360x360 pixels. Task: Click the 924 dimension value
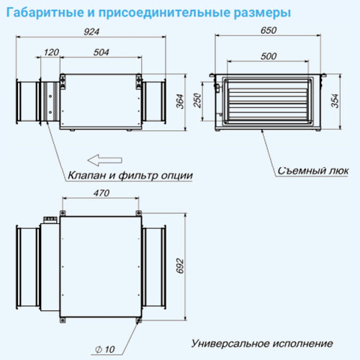click(91, 32)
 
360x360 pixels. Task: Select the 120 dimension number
click(51, 53)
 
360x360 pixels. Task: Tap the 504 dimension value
click(101, 53)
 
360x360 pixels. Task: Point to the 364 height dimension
click(180, 102)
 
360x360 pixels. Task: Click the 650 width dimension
click(269, 30)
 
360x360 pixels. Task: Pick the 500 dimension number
click(269, 56)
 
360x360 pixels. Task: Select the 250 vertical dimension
click(197, 101)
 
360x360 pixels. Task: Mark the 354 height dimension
click(336, 101)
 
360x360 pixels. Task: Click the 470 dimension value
click(102, 193)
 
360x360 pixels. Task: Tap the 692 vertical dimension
click(180, 266)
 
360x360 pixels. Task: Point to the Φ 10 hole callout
click(105, 349)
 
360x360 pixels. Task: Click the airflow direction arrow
click(105, 160)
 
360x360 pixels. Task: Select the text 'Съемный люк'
click(313, 171)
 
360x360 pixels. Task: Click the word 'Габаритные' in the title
click(45, 12)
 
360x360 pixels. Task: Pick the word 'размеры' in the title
click(262, 13)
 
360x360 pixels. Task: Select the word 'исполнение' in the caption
click(303, 344)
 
